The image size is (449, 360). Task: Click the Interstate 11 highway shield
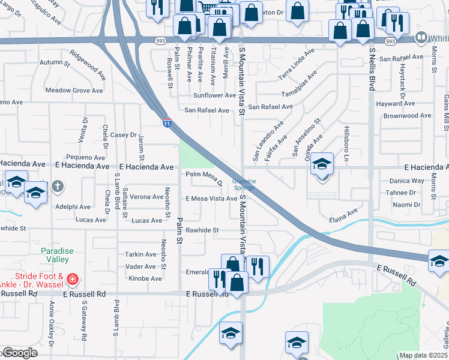point(166,122)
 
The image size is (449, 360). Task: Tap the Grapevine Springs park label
point(244,184)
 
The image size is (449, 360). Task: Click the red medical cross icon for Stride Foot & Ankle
point(73,279)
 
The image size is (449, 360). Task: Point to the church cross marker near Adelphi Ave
point(57,187)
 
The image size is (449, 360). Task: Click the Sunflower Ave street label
point(214,95)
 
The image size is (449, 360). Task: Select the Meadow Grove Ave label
point(74,91)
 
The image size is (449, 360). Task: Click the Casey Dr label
point(124,136)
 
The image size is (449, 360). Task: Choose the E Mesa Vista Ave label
point(211,199)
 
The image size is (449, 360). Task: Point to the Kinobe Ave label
point(145,278)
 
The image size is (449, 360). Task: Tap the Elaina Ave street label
point(343,215)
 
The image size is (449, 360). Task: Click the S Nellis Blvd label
point(372,69)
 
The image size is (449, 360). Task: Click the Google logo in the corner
point(19,353)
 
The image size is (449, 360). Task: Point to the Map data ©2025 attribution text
point(423,355)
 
